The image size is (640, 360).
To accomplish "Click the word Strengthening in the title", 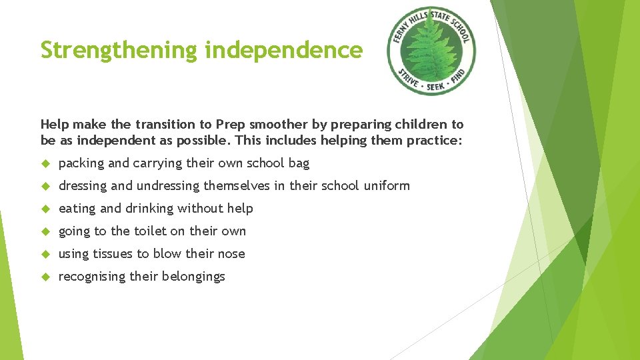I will click(118, 51).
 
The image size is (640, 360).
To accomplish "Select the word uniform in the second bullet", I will click(387, 186).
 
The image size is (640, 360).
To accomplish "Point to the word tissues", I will click(113, 254).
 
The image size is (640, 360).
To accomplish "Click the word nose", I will click(231, 254).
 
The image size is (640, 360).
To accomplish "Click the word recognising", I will click(92, 277).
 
